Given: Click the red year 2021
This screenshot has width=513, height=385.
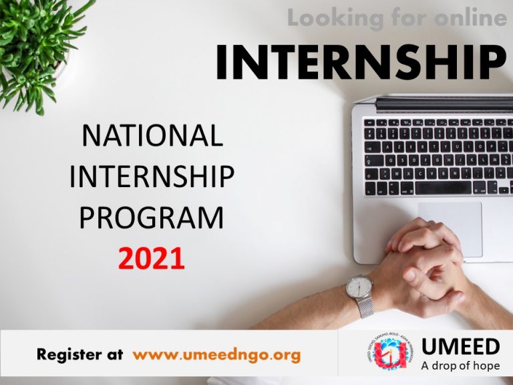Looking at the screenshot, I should [x=152, y=258].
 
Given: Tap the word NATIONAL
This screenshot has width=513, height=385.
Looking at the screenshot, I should [x=152, y=136].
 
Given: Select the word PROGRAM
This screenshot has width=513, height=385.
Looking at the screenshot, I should [x=152, y=217].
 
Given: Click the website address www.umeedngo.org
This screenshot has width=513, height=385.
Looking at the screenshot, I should [x=216, y=355].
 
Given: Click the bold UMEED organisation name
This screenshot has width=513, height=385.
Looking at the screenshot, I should [x=462, y=347].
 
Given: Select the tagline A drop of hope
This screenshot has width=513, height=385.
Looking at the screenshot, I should [x=460, y=366].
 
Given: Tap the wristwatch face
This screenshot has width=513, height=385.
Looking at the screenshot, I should [x=359, y=288].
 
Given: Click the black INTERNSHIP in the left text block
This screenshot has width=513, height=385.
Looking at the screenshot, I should [x=152, y=177].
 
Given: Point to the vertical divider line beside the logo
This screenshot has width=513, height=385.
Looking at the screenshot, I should [x=339, y=354].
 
